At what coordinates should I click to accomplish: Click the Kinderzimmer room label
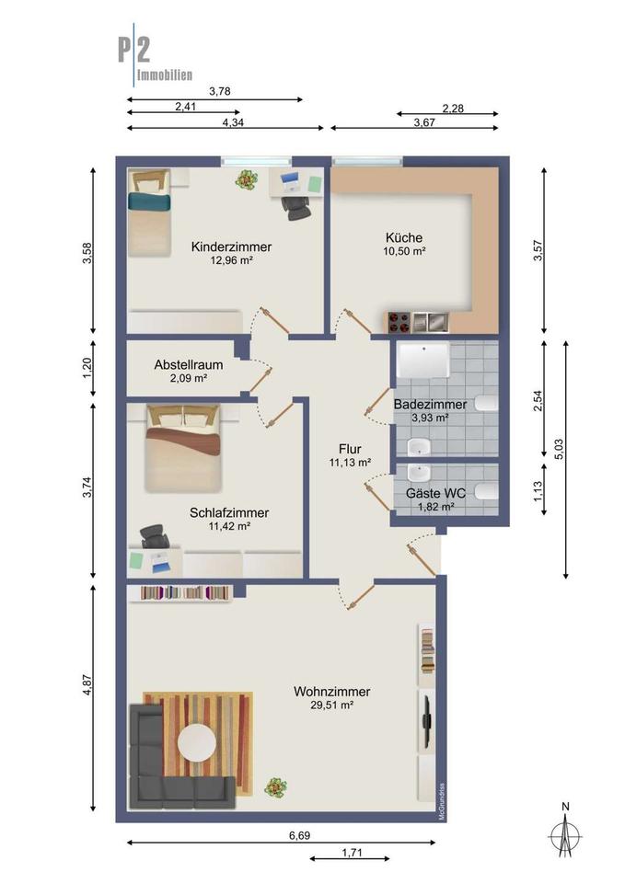click(231, 247)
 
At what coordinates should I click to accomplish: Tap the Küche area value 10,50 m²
click(404, 251)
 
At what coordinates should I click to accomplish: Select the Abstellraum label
click(188, 364)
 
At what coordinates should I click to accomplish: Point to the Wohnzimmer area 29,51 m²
click(332, 705)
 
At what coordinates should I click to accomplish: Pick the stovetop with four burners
click(399, 322)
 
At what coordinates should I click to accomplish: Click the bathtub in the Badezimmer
click(423, 361)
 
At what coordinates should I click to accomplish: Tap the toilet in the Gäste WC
click(486, 491)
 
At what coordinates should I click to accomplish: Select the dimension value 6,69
click(299, 835)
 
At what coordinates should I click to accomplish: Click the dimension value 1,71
click(352, 853)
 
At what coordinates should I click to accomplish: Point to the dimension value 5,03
click(559, 449)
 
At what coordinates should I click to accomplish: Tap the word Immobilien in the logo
click(165, 75)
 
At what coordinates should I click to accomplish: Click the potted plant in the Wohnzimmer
click(275, 786)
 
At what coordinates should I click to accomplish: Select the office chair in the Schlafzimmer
click(154, 535)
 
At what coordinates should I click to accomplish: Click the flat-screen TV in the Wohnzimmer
click(426, 721)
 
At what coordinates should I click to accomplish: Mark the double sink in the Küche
click(430, 322)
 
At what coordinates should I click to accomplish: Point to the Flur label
click(350, 449)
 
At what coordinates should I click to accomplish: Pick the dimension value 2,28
click(453, 109)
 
